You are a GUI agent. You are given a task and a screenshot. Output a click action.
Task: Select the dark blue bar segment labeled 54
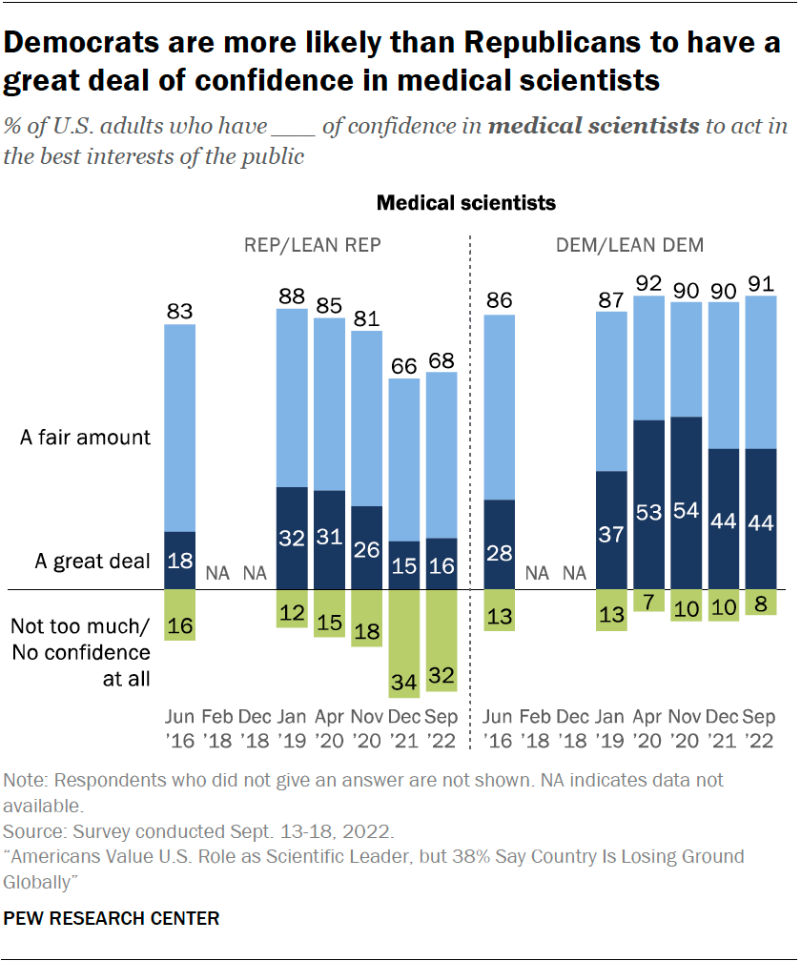[x=687, y=502]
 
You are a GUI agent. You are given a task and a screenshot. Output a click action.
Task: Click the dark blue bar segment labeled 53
[x=648, y=504]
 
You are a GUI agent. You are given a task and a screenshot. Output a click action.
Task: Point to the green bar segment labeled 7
[x=648, y=601]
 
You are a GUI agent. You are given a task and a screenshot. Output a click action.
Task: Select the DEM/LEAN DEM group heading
[x=630, y=245]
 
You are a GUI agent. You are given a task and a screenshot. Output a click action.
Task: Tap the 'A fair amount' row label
[x=87, y=438]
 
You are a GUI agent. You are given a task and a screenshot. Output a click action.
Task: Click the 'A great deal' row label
[x=92, y=562]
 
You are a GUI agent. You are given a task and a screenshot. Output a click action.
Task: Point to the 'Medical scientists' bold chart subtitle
[x=466, y=203]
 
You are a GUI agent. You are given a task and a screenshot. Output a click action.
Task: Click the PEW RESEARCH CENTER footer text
[x=112, y=919]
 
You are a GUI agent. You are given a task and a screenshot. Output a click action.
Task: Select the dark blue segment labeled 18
[x=180, y=561]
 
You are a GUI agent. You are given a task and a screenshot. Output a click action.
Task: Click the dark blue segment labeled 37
[x=611, y=530]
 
